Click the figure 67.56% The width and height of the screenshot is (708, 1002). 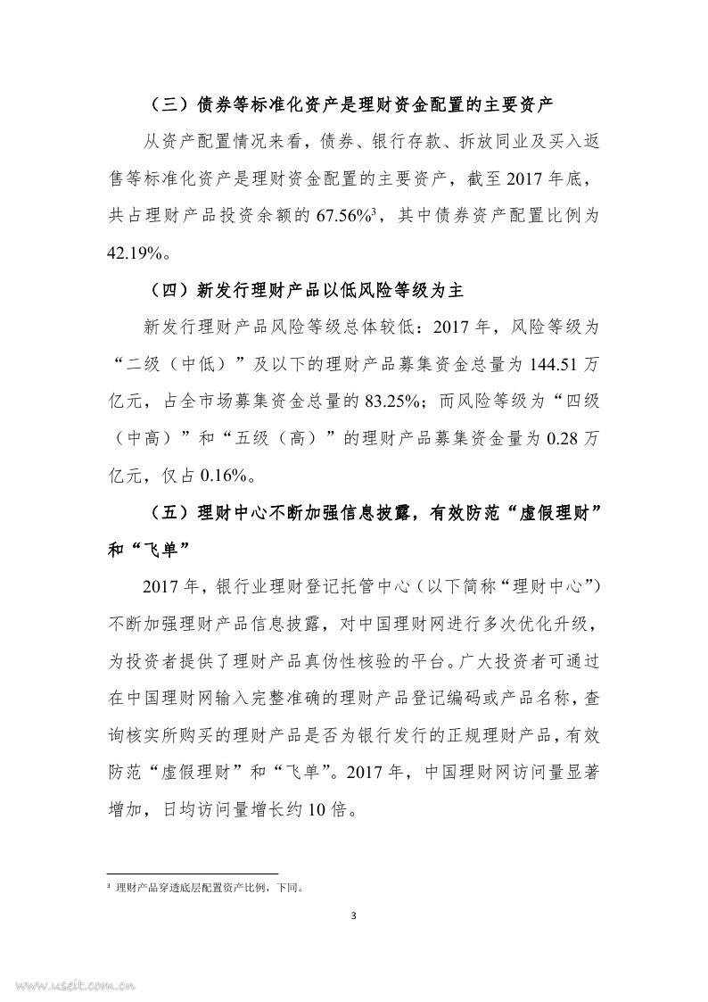click(347, 216)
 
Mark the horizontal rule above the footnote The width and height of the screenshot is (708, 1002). click(192, 874)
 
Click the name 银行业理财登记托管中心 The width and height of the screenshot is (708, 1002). click(308, 587)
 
